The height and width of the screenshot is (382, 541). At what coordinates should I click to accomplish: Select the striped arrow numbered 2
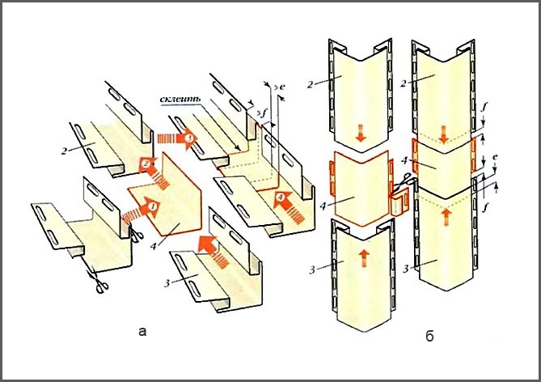coord(146,165)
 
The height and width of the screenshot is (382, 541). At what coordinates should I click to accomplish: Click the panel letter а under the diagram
coord(143,330)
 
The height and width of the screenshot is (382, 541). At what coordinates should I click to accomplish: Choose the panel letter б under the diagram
coord(428,333)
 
